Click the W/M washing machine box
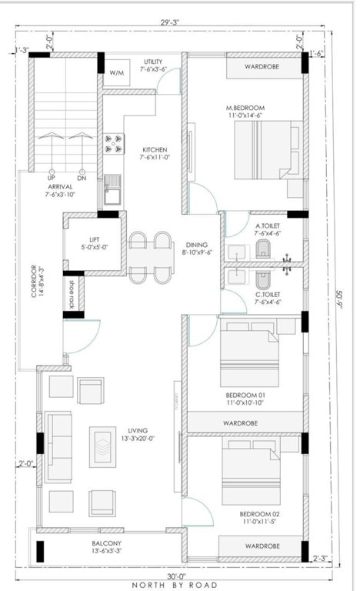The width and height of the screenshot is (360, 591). click(116, 72)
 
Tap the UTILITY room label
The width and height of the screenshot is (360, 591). click(154, 65)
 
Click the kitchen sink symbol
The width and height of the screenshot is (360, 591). click(112, 185)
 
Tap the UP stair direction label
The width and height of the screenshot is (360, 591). click(52, 178)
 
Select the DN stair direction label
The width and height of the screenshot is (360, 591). click(82, 178)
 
